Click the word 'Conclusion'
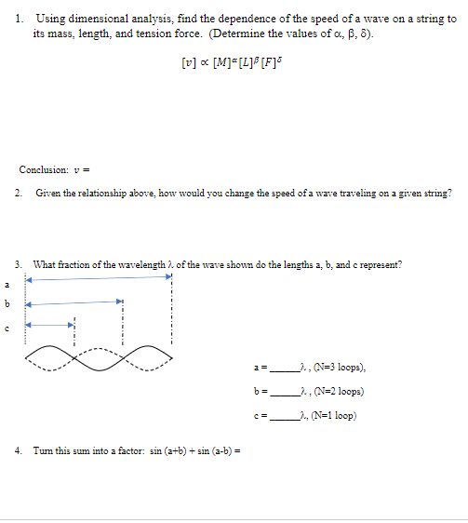point(43,169)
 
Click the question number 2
point(20,193)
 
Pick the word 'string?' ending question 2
point(437,193)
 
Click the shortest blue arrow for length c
point(49,325)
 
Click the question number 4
point(20,451)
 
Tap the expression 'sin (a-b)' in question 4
point(209,451)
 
